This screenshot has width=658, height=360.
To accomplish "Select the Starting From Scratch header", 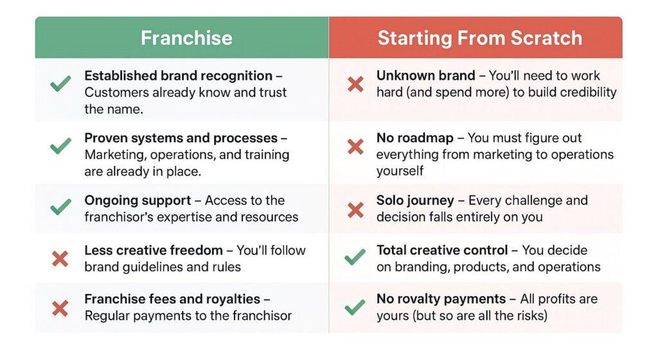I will pos(479,38).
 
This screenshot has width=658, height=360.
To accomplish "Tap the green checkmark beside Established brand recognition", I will pos(60,84).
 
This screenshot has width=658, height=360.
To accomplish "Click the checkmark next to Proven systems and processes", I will pos(60,146).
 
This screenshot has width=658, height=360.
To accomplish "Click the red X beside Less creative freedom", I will pos(60,258).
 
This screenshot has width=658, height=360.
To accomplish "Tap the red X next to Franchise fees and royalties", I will pos(60,308).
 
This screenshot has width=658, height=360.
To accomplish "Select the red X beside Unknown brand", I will pos(355,84).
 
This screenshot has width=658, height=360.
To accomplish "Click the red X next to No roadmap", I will pos(355,146).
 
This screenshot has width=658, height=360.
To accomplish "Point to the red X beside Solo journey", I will pos(355,208).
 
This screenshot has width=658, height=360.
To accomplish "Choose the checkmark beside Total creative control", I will pos(355,258).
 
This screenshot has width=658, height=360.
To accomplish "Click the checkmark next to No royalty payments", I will pos(355,307).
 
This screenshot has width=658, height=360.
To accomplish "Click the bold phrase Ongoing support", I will pos(138,201).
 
